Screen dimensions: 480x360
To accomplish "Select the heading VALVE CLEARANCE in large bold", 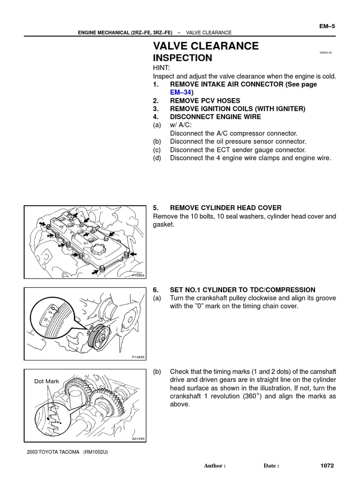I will pos(206,46).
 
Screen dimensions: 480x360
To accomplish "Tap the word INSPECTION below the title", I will pos(183,58).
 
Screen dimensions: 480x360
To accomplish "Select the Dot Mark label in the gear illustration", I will pos(46,381).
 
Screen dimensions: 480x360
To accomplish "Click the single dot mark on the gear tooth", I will pos(48,416).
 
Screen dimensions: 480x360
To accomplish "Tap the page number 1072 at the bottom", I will pos(327,466).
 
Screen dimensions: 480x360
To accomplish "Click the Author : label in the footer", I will pos(215,466).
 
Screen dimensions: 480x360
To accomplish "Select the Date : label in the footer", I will pos(271,466).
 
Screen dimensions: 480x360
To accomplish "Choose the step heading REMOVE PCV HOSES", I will pos(205,101).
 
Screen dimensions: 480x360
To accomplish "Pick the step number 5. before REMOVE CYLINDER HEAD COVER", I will pos(156,208).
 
